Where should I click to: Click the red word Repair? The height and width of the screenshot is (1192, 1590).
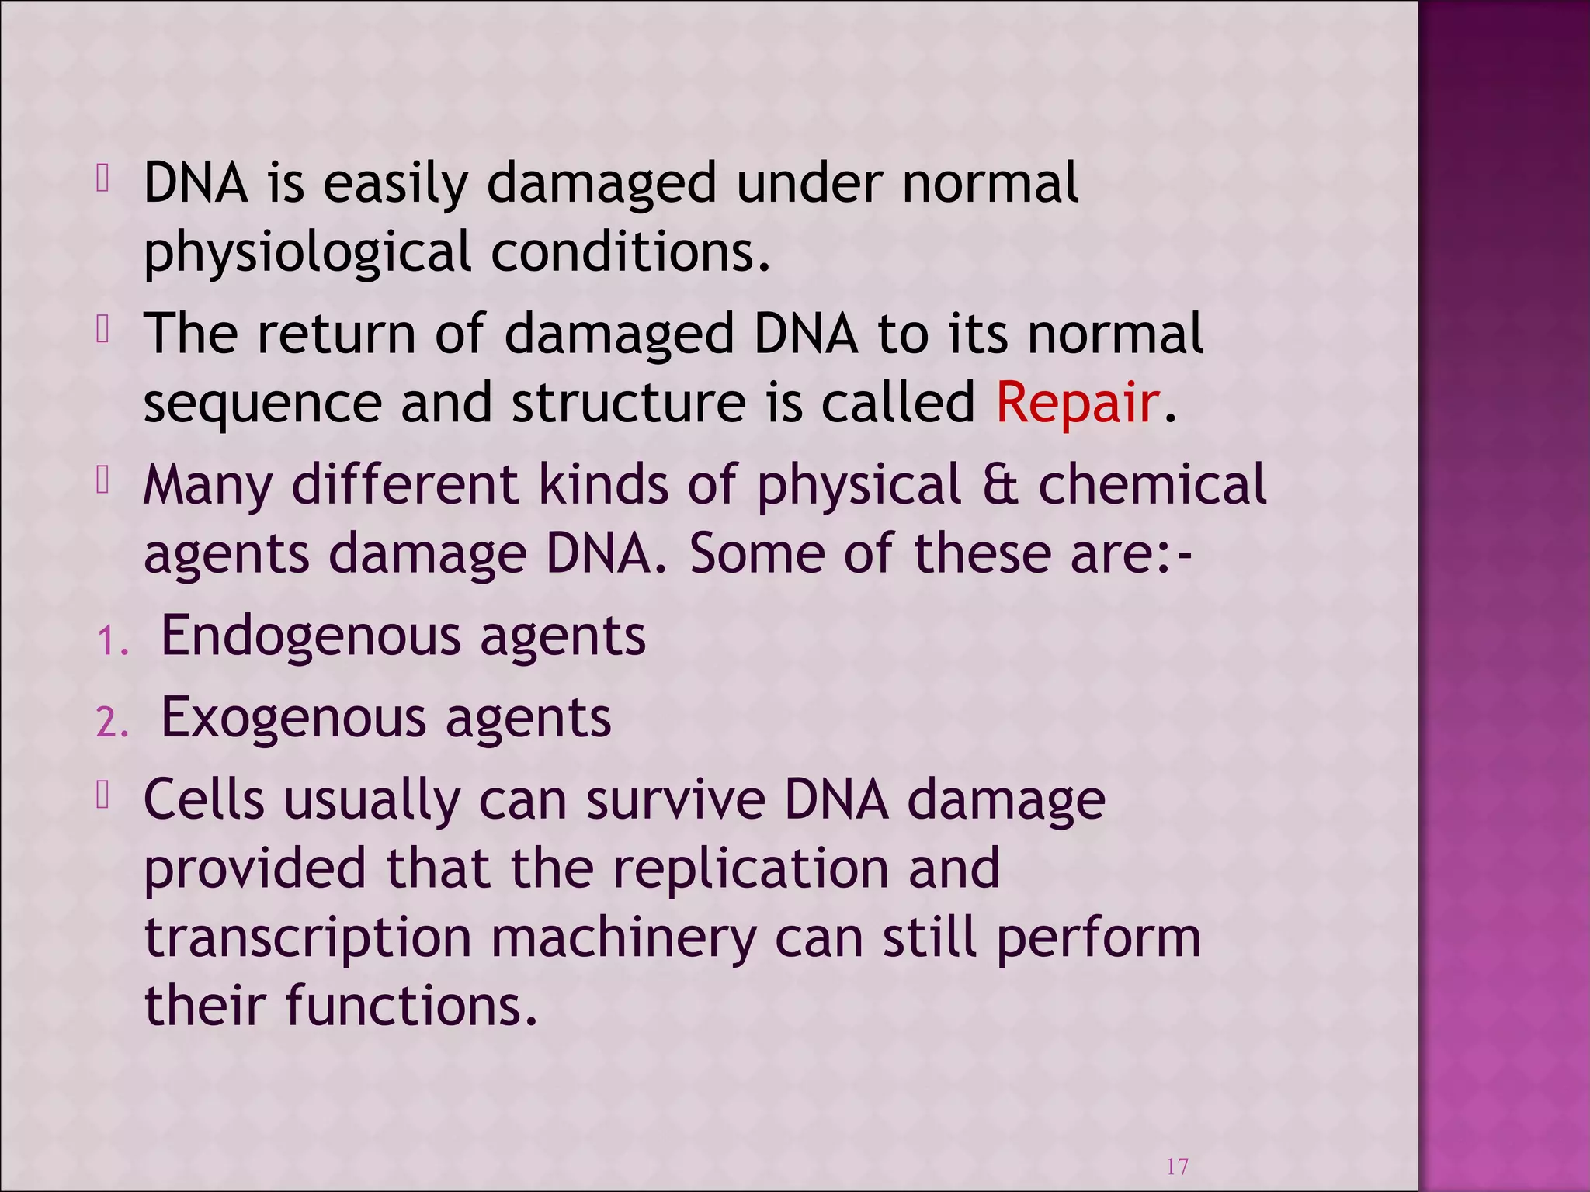(1077, 402)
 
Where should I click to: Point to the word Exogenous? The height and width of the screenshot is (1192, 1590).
(293, 717)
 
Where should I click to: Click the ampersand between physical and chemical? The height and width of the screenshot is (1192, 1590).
(999, 484)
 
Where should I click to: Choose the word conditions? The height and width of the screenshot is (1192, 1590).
(631, 252)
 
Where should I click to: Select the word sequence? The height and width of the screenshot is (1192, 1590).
(262, 404)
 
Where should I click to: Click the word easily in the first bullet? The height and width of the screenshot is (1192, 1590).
(395, 185)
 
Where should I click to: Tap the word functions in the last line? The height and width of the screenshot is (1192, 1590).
(411, 1006)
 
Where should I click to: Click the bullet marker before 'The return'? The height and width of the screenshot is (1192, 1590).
(102, 331)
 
